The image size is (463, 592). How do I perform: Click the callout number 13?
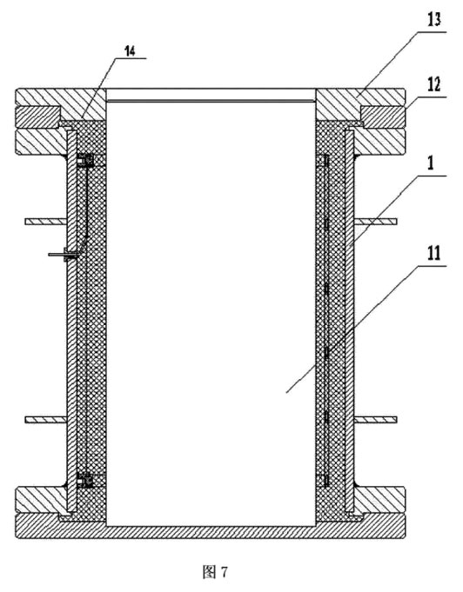pos(434,19)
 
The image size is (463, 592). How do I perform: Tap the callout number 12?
pos(434,84)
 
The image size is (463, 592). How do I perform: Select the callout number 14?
pos(130,51)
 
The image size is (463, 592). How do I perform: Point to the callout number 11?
pos(434,253)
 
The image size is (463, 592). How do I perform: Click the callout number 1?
pos(431,163)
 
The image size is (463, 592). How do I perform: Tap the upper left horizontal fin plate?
pos(46,222)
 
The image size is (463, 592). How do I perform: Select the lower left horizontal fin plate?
pos(46,420)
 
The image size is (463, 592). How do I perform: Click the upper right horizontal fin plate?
pos(376,222)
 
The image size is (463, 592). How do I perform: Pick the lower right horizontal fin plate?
pos(376,420)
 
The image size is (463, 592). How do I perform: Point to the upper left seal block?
pos(85,161)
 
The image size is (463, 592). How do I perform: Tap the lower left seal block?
pos(85,480)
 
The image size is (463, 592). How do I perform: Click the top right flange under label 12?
pos(383,117)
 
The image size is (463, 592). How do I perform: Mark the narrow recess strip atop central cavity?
pos(211,101)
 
